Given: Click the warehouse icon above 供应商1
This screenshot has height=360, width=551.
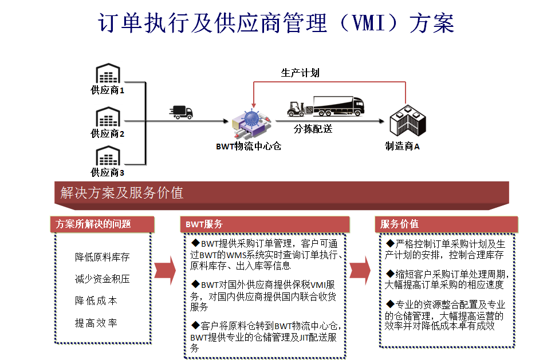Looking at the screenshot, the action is [x=108, y=73].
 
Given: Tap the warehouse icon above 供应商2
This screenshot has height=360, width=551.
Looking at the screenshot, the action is [x=108, y=117].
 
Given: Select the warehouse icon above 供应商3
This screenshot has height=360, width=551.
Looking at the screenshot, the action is [x=108, y=156].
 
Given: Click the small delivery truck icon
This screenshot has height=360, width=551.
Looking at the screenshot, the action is [x=182, y=112].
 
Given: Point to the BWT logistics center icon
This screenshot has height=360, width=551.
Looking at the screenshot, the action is [x=251, y=124].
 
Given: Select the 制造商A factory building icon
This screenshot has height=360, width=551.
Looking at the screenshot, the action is [x=408, y=120].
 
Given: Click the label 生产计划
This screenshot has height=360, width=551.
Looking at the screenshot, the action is [x=300, y=73].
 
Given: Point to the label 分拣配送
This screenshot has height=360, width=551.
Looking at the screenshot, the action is [x=313, y=129].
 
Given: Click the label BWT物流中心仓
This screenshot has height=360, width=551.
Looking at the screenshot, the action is [x=249, y=146].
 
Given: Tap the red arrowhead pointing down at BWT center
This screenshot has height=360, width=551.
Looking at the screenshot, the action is [x=254, y=105].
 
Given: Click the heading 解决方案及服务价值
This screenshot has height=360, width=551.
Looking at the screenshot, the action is [x=122, y=192].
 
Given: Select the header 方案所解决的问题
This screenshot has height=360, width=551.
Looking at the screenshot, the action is [x=93, y=224].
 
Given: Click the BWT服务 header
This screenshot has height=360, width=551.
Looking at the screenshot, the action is [x=204, y=224].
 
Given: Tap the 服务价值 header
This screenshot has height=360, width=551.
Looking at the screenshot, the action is [x=399, y=224].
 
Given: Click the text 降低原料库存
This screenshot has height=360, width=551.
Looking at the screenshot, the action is [x=103, y=257].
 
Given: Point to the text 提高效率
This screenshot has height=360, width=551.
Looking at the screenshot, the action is [x=96, y=323].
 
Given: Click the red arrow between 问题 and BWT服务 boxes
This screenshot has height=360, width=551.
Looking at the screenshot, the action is [x=165, y=271].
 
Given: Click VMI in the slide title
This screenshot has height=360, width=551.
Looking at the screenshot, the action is [x=369, y=23].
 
